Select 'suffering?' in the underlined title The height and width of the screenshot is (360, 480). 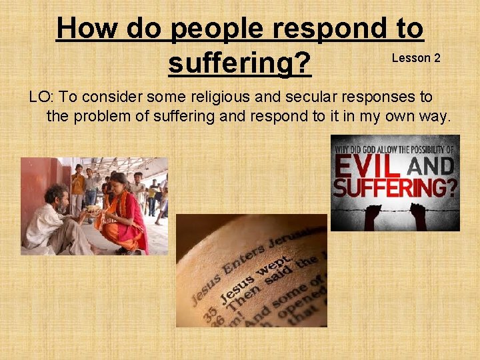[239, 63]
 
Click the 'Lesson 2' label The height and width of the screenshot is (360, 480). [416, 58]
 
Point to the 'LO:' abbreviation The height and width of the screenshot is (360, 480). [41, 97]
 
